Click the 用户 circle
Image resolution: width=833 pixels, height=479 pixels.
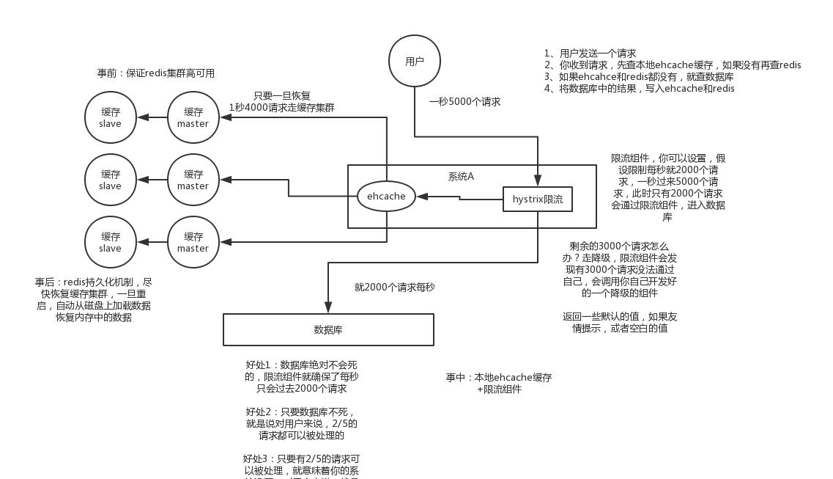pyautogui.click(x=415, y=62)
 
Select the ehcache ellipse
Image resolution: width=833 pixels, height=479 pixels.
pyautogui.click(x=386, y=197)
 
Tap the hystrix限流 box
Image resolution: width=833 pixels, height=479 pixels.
pyautogui.click(x=538, y=200)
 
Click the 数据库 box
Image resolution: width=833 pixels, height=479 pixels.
pyautogui.click(x=328, y=330)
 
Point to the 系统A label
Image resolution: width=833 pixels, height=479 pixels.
pyautogui.click(x=461, y=177)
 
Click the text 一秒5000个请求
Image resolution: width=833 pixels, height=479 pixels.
pyautogui.click(x=465, y=102)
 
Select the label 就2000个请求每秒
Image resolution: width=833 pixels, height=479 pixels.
pyautogui.click(x=394, y=288)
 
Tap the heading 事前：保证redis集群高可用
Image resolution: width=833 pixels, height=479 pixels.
pyautogui.click(x=156, y=73)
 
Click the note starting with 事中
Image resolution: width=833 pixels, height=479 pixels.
pyautogui.click(x=499, y=383)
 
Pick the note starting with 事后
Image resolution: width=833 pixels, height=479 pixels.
pyautogui.click(x=94, y=299)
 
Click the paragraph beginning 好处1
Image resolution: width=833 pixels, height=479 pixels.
pyautogui.click(x=301, y=376)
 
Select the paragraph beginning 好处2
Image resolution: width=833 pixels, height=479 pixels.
pyautogui.click(x=301, y=423)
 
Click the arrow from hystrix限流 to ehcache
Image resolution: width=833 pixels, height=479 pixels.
pyautogui.click(x=459, y=197)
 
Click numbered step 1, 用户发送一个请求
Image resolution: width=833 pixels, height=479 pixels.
pyautogui.click(x=590, y=54)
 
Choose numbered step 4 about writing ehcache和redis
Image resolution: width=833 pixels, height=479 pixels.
pyautogui.click(x=639, y=88)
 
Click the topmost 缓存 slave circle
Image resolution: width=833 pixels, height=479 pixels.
pyautogui.click(x=111, y=117)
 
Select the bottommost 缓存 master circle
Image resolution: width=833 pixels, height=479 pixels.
pyautogui.click(x=193, y=242)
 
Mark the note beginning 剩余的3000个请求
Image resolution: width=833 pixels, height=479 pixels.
pyautogui.click(x=619, y=269)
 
